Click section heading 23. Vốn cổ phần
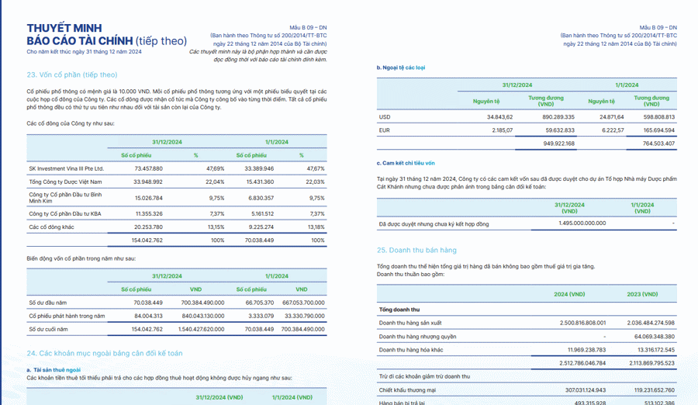pos(71,74)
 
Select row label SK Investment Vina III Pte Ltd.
pos(66,168)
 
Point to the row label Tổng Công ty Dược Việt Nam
pos(67,182)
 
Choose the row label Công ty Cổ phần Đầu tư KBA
pos(65,213)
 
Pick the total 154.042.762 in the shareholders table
pos(147,241)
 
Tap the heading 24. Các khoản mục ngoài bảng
pos(105,353)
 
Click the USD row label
pos(385,117)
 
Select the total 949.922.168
pos(559,144)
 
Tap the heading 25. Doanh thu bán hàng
pos(416,251)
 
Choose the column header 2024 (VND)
pos(569,295)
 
